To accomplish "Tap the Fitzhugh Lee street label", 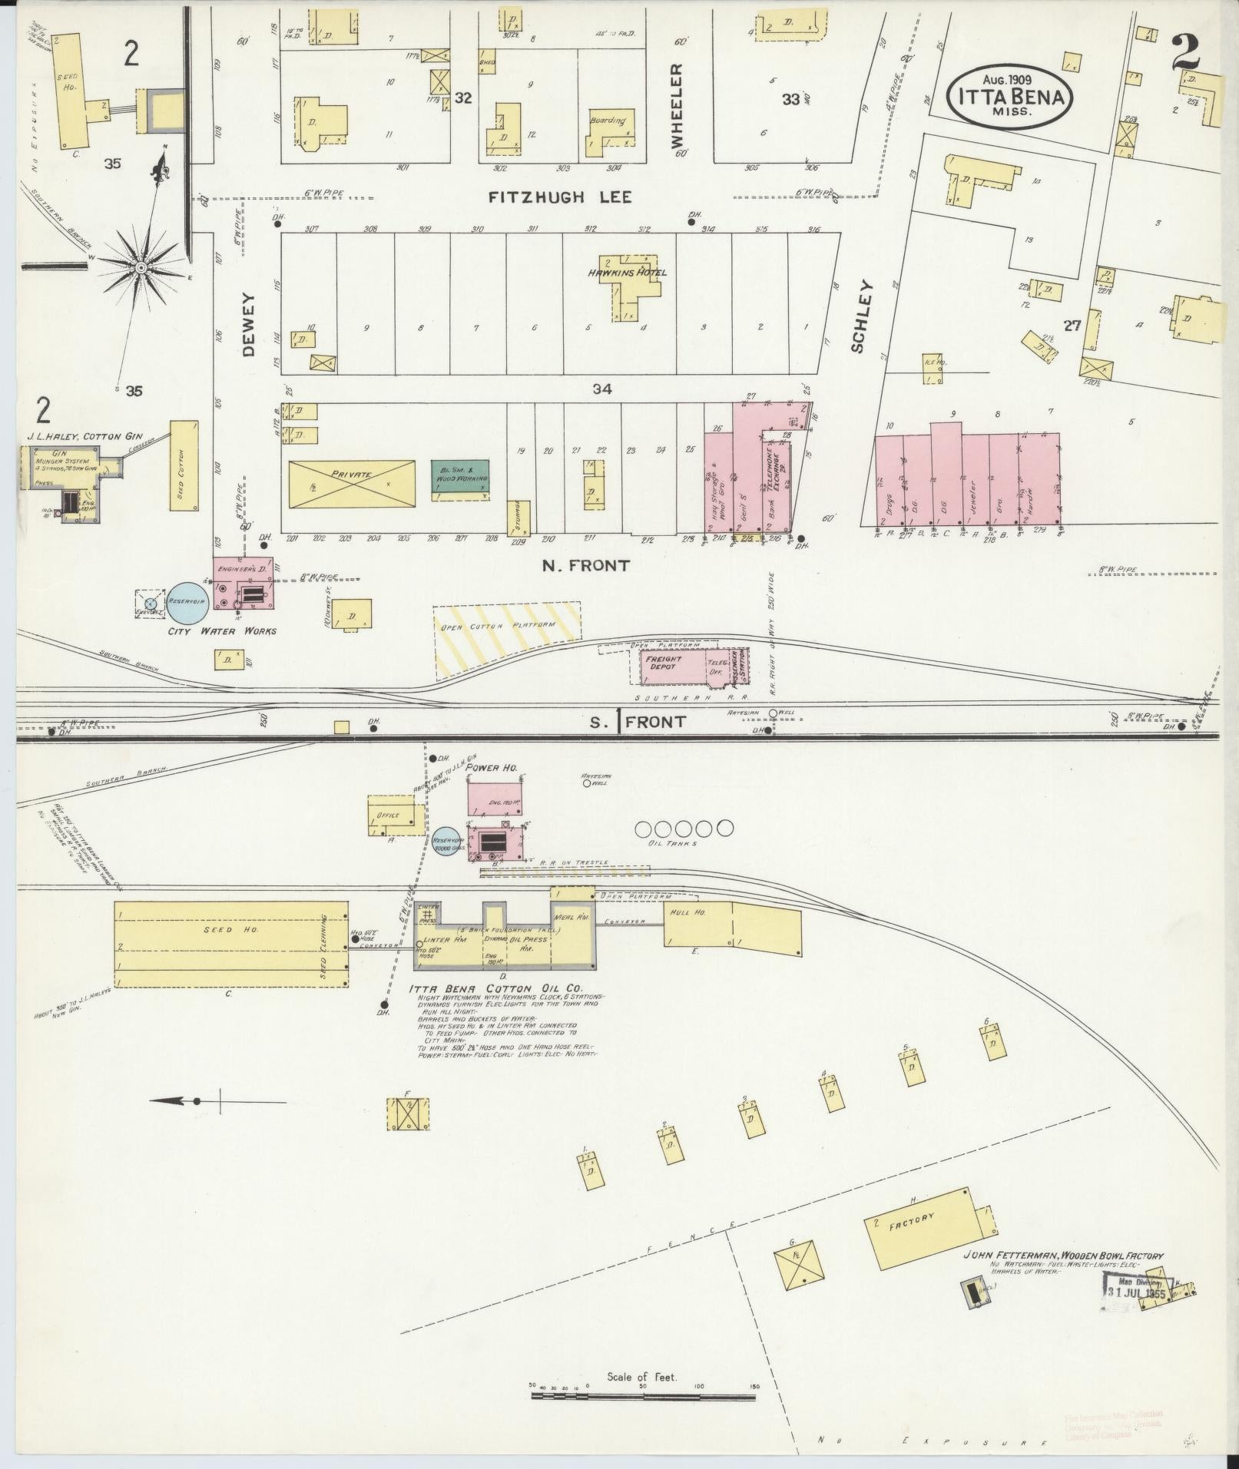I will (x=561, y=198).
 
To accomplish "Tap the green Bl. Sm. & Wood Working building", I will (x=461, y=481).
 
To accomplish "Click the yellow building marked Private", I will (x=352, y=484).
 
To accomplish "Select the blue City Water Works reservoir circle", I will (x=189, y=601).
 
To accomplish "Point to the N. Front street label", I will (x=585, y=566).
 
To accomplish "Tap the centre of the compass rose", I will (x=141, y=266).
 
